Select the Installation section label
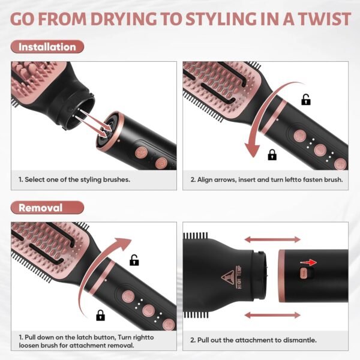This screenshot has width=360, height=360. click(x=47, y=47)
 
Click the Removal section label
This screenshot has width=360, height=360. click(x=40, y=208)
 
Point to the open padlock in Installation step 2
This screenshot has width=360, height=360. click(x=306, y=100)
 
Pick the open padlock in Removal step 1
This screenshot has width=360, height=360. click(x=135, y=260)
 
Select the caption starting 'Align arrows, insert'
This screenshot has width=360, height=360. click(x=266, y=179)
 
